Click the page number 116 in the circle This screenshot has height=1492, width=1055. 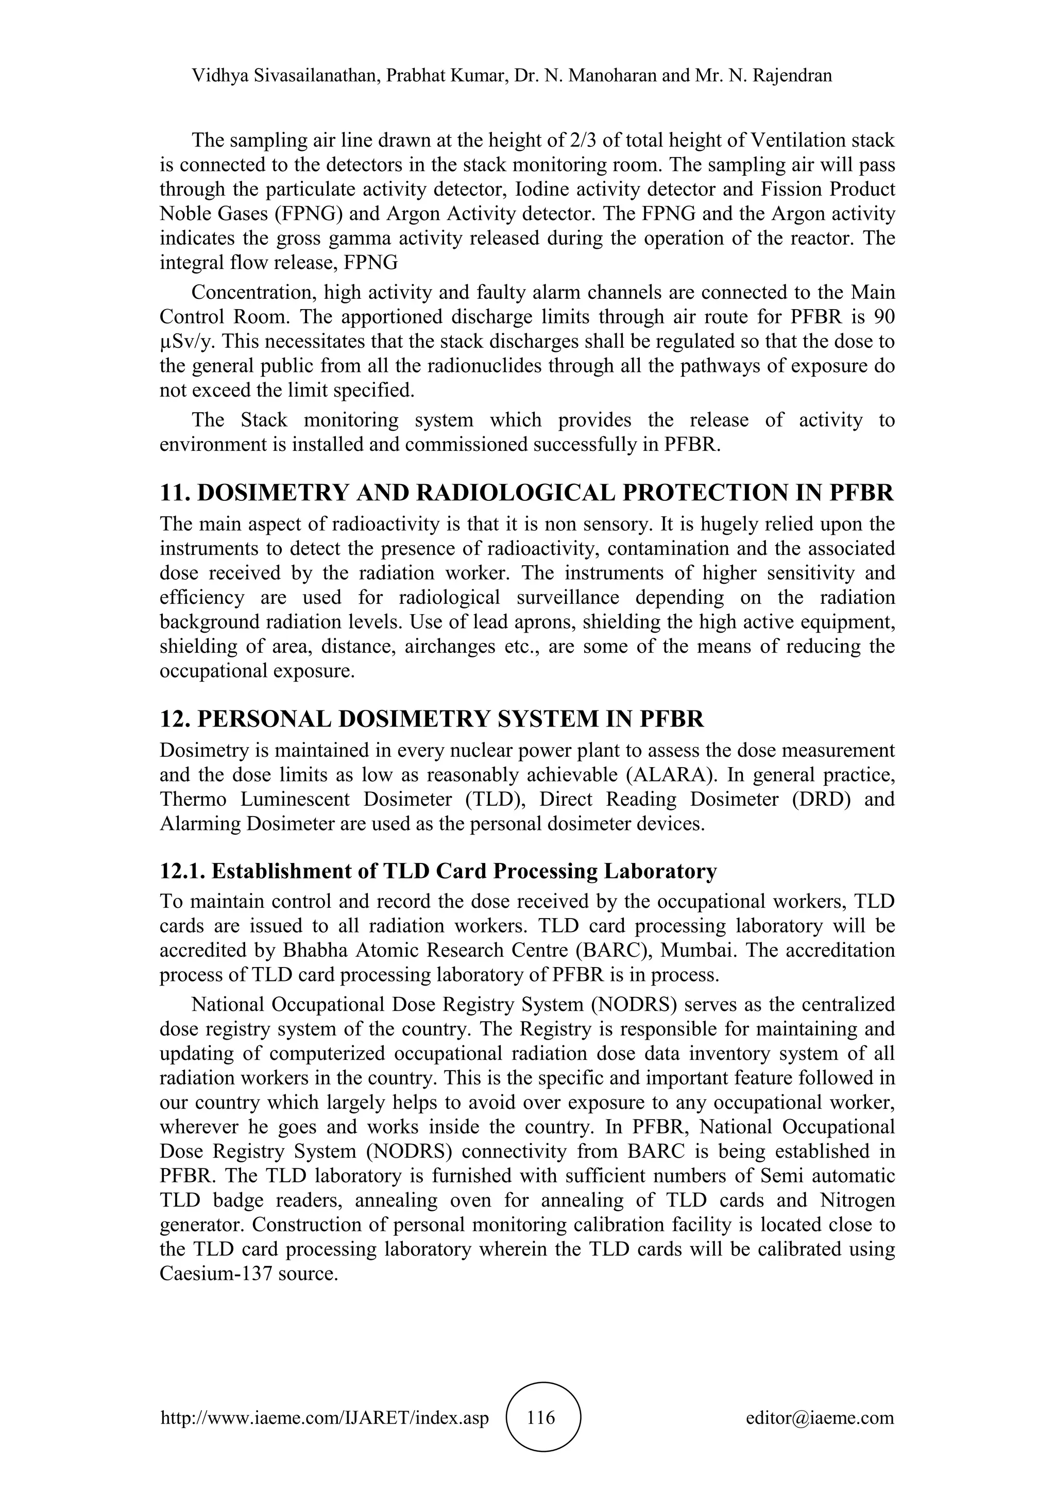click(x=542, y=1417)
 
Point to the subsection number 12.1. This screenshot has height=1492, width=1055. click(x=182, y=871)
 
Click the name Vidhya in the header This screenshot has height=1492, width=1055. click(x=219, y=76)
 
